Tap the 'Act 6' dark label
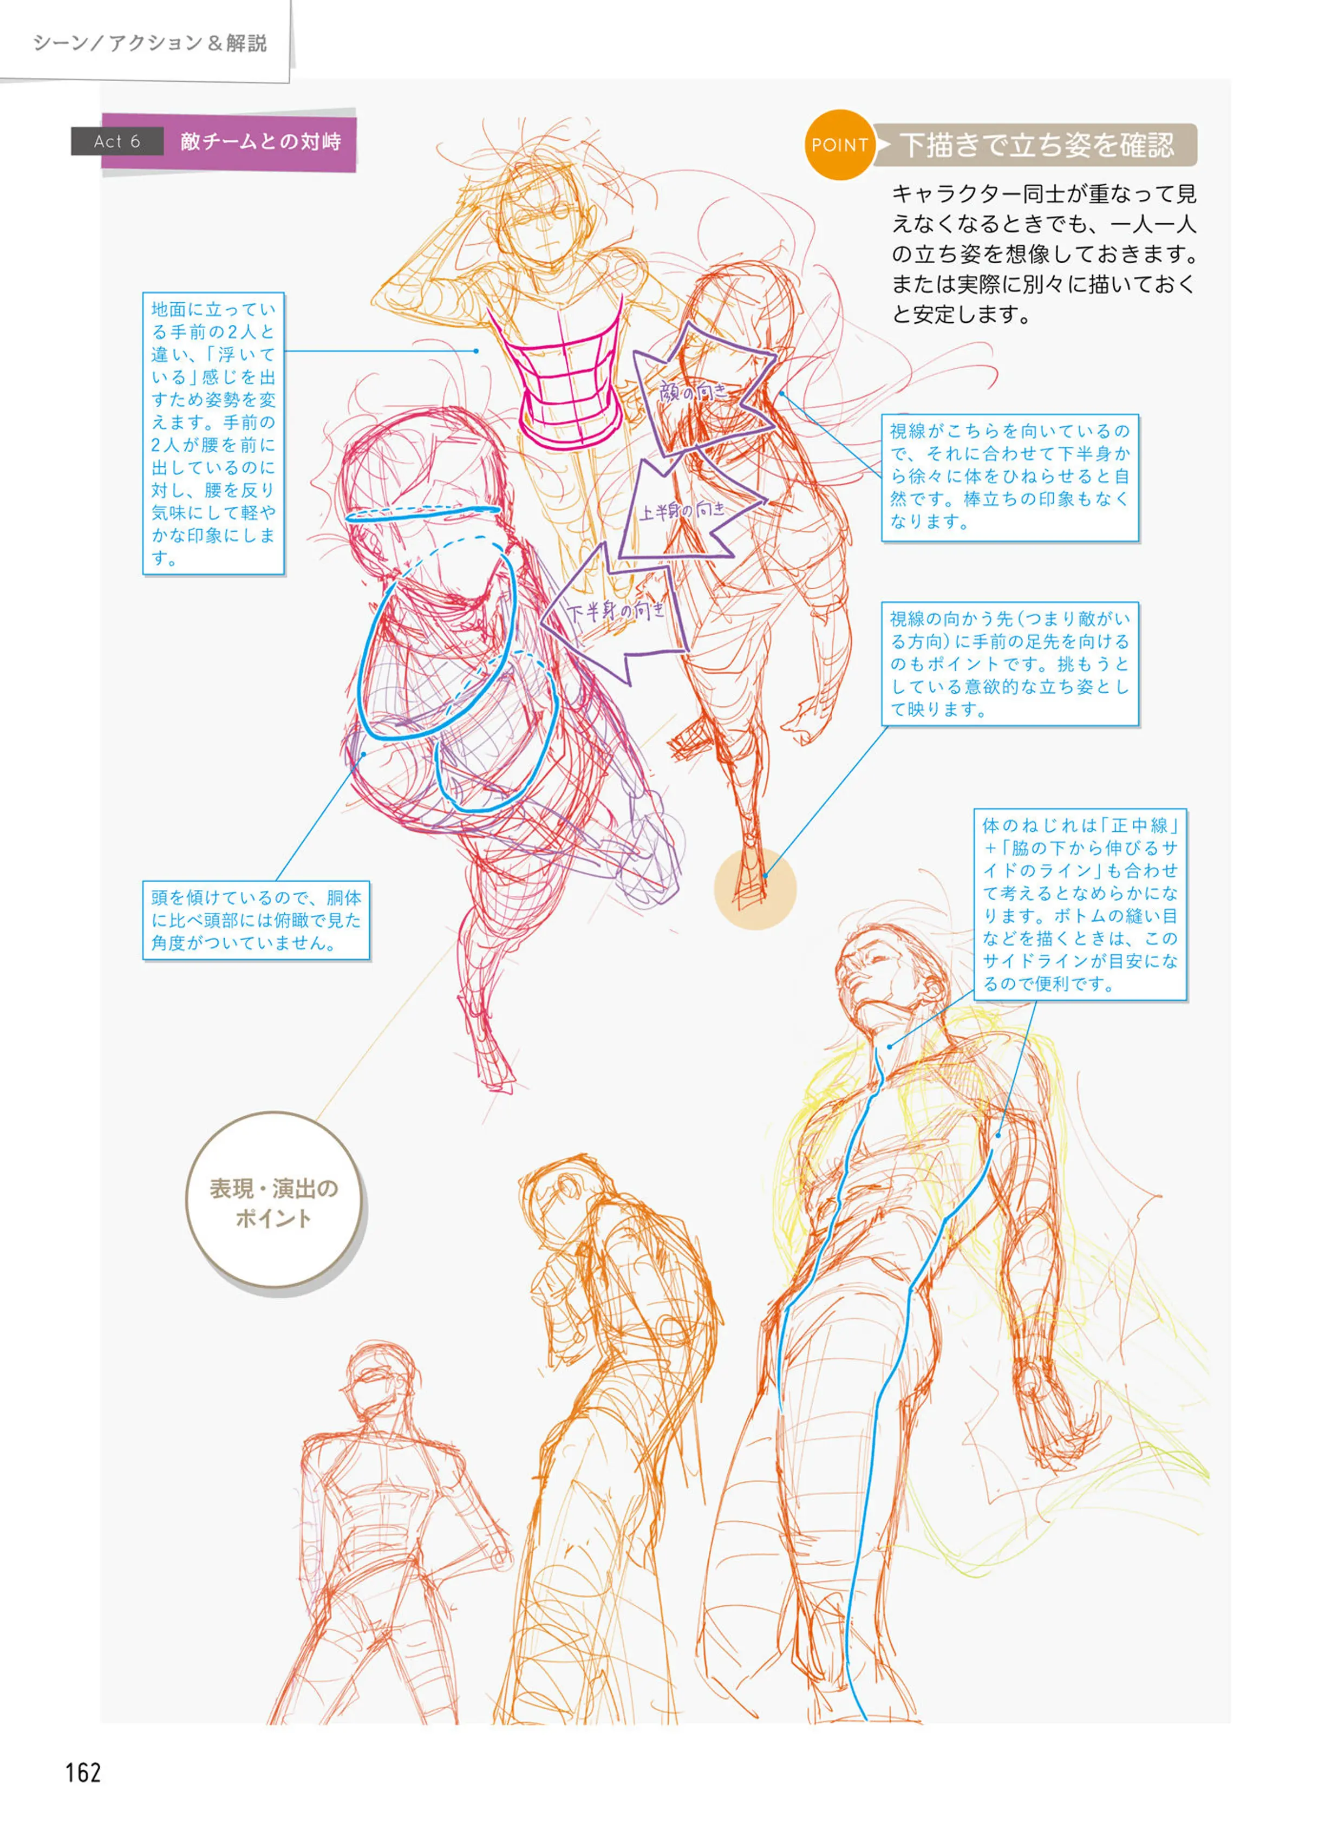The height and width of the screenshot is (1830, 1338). pos(118,141)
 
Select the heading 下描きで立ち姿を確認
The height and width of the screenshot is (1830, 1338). pos(1037,145)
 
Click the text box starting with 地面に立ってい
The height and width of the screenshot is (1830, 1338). pos(213,433)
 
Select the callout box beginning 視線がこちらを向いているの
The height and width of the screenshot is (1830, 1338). pos(1009,477)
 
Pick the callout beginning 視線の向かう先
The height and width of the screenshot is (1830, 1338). pos(1009,663)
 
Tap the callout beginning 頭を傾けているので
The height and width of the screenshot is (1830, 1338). pos(256,920)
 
